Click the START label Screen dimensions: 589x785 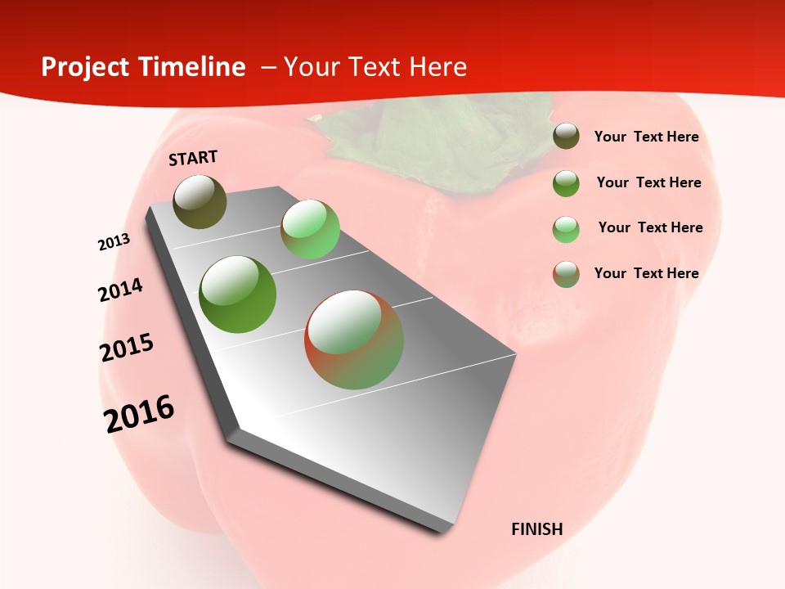[193, 158]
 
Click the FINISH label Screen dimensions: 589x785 [537, 529]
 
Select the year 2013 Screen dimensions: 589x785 [114, 241]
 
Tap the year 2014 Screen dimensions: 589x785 [121, 290]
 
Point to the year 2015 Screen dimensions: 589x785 [127, 348]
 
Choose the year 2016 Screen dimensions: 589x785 [139, 413]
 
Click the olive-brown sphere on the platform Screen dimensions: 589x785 [200, 201]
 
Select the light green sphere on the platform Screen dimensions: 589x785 [310, 228]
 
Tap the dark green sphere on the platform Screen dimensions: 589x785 [238, 294]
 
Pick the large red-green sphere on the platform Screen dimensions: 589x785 [354, 339]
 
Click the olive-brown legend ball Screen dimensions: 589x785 [566, 137]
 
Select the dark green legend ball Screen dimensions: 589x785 [566, 183]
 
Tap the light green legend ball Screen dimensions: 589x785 [566, 229]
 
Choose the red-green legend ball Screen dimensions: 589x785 [566, 274]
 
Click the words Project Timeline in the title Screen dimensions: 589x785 [143, 67]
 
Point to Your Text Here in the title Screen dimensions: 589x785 [375, 67]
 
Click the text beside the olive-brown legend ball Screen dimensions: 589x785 [646, 137]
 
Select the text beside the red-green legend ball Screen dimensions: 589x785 [646, 273]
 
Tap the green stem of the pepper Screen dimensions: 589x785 [409, 139]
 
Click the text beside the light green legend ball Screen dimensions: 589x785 [650, 227]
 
